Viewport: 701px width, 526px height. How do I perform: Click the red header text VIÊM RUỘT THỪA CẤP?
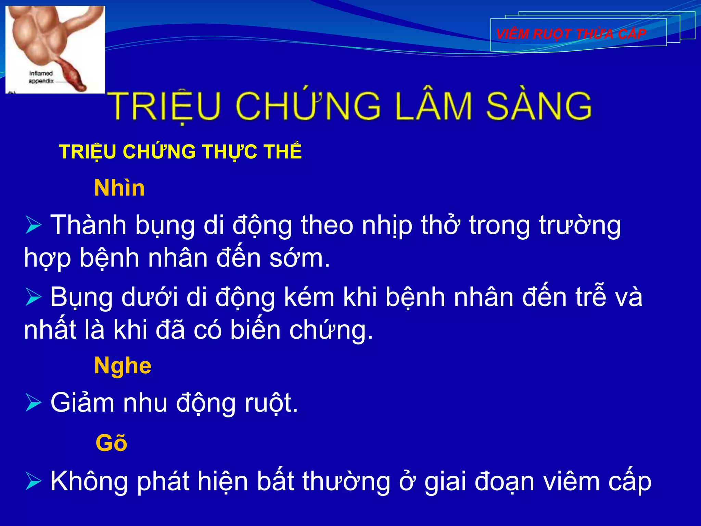click(x=571, y=34)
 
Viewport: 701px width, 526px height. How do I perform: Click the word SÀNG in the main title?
click(x=539, y=106)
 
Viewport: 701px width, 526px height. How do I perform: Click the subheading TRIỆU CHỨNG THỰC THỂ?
click(x=180, y=152)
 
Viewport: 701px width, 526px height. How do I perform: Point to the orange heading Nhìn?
click(x=119, y=188)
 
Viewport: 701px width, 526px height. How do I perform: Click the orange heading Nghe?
click(x=123, y=366)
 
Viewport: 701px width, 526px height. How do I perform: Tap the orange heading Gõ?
click(x=111, y=443)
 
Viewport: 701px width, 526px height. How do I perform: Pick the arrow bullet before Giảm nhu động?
click(x=33, y=403)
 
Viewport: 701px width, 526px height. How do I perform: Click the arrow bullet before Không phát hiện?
click(x=33, y=481)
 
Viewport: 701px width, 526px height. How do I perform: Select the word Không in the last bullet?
click(x=89, y=481)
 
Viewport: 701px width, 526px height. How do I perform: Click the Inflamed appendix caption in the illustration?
click(x=41, y=77)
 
